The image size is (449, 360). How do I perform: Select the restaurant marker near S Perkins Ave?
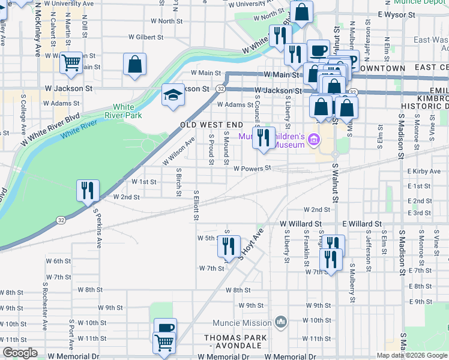(x=88, y=191)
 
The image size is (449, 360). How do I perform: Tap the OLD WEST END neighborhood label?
(x=212, y=125)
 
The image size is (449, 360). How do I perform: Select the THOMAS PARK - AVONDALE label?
(x=235, y=341)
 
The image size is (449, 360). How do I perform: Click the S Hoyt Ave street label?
(x=251, y=243)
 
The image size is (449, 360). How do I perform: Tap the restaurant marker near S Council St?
(x=263, y=138)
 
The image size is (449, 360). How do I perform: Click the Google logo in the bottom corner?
(x=20, y=353)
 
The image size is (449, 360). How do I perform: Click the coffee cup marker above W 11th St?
(x=165, y=328)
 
